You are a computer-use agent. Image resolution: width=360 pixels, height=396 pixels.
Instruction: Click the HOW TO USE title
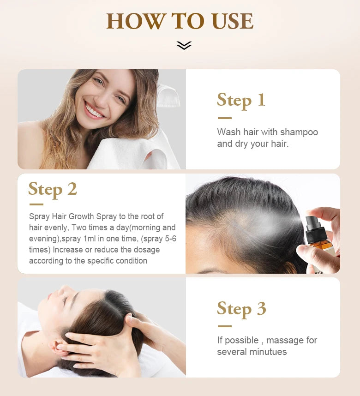click(x=180, y=21)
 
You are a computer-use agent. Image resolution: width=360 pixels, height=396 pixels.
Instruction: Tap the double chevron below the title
click(x=184, y=45)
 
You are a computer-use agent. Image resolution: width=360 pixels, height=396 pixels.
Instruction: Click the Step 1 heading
click(x=241, y=100)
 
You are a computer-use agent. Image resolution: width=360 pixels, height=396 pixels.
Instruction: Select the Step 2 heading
click(x=52, y=189)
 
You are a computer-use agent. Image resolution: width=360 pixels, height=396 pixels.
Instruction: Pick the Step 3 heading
click(x=241, y=309)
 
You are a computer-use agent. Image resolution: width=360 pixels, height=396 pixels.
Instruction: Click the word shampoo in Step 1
click(x=299, y=132)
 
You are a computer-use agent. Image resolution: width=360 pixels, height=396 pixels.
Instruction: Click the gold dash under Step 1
click(x=224, y=118)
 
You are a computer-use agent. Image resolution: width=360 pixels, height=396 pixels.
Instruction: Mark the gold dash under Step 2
click(x=36, y=204)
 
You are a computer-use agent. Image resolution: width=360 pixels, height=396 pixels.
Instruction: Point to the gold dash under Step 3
click(x=224, y=326)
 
